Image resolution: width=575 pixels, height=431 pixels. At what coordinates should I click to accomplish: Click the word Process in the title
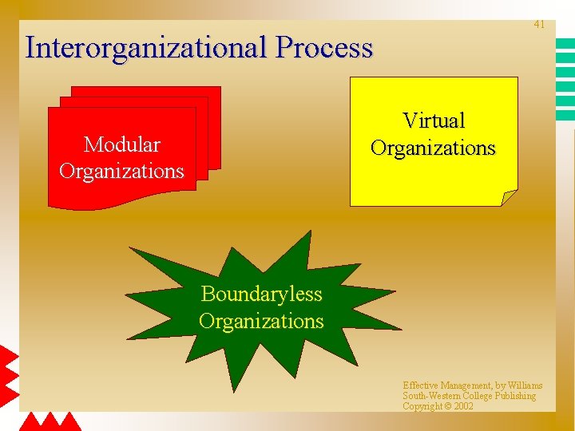click(x=325, y=48)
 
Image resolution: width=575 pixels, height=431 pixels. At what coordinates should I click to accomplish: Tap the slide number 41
click(x=539, y=25)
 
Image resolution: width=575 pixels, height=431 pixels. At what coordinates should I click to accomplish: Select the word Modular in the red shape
click(x=121, y=144)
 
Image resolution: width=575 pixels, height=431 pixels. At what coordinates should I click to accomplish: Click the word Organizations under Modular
click(x=121, y=171)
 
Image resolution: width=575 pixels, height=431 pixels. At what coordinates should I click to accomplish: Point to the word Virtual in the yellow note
click(x=434, y=121)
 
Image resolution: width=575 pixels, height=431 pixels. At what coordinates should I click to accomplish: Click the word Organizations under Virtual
click(x=433, y=148)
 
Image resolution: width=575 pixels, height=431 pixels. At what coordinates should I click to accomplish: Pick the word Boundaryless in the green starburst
click(x=261, y=294)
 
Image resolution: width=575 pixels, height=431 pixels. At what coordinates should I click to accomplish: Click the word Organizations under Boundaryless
click(x=261, y=321)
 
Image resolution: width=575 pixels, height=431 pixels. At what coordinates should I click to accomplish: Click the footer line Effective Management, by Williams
click(x=472, y=386)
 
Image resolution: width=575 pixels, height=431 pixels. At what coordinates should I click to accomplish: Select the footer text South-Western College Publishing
click(x=469, y=396)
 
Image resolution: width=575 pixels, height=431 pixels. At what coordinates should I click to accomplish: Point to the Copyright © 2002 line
click(x=438, y=406)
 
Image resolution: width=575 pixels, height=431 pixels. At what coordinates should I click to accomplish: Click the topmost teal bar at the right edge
click(x=565, y=45)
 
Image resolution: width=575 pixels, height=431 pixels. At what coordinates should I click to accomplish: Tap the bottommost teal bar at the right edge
click(x=565, y=116)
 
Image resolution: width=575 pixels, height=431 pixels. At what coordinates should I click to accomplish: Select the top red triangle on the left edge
click(x=8, y=357)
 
